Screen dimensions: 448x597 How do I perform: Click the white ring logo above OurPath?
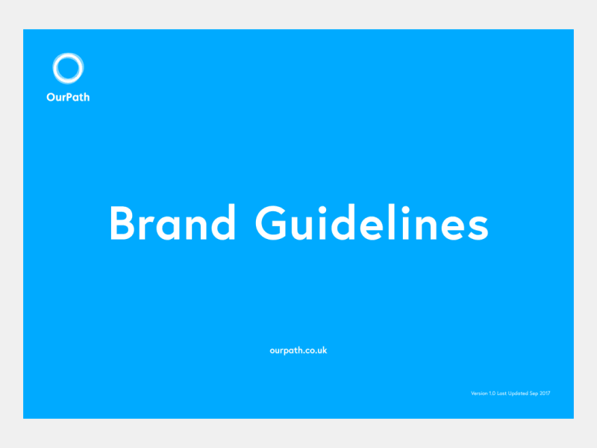(68, 69)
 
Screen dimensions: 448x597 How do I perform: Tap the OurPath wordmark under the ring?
(68, 96)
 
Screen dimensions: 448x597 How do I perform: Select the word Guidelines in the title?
(372, 222)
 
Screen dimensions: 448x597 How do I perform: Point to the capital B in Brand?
(122, 222)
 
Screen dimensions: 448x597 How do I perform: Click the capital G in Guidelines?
(272, 222)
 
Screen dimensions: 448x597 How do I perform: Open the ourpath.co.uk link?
(298, 350)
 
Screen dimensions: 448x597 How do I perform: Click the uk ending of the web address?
(322, 350)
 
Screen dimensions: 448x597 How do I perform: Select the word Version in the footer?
(479, 393)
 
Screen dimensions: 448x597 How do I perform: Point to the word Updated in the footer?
(521, 393)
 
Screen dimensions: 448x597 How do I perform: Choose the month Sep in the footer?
(537, 393)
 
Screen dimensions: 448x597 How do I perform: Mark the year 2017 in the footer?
(547, 393)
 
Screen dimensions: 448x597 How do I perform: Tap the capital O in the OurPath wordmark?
(51, 96)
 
